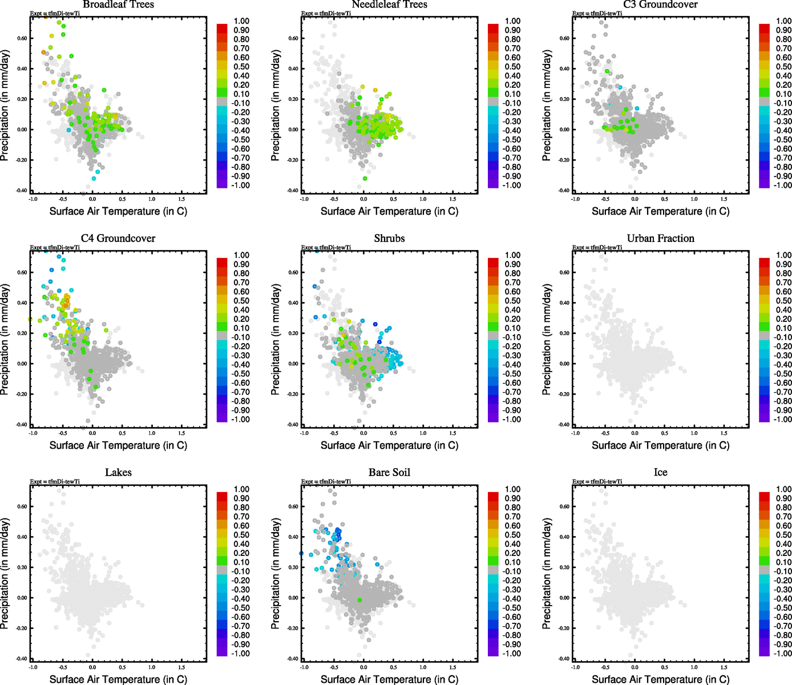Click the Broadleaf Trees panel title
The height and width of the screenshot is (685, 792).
118,5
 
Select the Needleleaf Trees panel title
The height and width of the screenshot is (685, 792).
389,5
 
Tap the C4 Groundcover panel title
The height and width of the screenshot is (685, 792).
118,239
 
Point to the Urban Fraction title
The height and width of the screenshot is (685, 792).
660,239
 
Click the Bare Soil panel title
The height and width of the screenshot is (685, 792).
389,473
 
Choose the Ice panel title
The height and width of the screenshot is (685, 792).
660,473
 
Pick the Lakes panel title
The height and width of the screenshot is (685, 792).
118,473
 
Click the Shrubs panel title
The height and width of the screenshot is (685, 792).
389,239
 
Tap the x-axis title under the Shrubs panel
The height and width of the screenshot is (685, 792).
389,445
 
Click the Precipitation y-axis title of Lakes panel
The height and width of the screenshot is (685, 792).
5,574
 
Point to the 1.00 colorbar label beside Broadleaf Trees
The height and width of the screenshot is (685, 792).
241,21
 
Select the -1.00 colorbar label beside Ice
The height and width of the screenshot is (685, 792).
782,654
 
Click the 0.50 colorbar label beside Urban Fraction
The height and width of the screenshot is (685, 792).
783,301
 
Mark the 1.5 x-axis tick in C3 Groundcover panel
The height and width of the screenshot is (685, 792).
724,199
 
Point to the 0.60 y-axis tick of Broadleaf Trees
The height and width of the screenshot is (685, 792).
22,39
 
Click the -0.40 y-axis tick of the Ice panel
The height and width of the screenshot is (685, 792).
563,659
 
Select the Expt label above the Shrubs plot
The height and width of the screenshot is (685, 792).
326,248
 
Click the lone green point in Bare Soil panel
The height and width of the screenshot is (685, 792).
359,600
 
